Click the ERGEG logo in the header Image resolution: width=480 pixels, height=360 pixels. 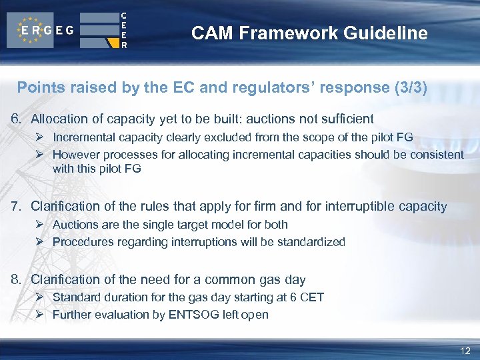41,30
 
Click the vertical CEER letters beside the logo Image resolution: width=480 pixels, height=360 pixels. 123,30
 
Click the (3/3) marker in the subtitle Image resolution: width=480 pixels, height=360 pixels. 410,87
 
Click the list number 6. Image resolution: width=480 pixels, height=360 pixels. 15,119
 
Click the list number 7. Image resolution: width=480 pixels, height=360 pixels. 15,207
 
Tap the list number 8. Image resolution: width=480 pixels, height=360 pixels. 15,280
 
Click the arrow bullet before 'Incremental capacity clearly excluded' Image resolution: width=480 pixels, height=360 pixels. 40,137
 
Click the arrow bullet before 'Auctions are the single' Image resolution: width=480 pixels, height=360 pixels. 40,225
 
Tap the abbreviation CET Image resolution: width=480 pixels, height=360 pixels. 312,297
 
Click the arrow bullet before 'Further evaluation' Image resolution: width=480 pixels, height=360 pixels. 40,315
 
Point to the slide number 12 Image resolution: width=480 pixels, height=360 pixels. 465,351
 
